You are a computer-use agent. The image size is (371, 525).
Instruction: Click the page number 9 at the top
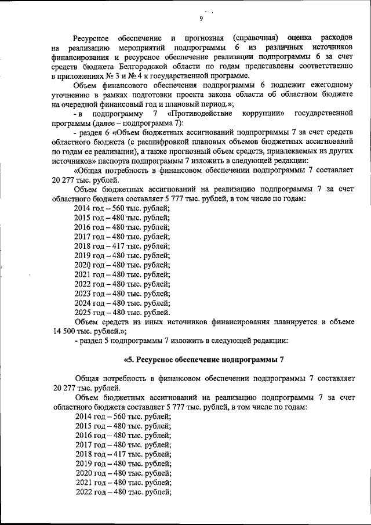201,19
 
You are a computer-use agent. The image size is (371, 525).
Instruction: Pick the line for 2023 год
122,293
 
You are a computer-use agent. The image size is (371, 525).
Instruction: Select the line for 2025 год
122,312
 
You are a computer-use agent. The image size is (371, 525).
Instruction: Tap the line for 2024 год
122,302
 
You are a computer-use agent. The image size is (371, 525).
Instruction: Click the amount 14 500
67,330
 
